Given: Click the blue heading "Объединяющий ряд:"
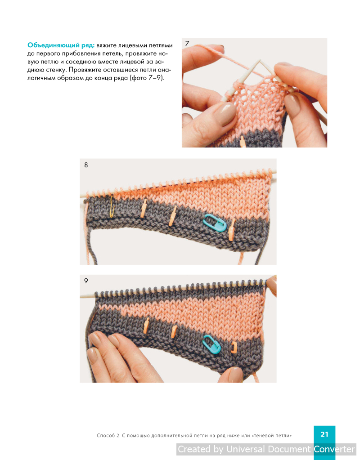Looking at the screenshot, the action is (61, 45).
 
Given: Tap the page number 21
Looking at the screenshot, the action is (324, 434).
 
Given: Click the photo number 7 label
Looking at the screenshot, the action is (187, 44).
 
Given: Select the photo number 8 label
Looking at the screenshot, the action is (86, 165).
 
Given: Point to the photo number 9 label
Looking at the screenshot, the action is (86, 281).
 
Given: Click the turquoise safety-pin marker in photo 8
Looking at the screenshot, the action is (215, 223).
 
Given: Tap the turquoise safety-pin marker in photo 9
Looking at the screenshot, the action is (212, 344).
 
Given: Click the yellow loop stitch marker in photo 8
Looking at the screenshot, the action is (112, 207).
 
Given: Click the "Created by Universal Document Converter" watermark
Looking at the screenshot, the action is (266, 449).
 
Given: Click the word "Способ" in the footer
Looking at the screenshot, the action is (106, 436).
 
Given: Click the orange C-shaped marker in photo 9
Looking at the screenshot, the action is (234, 347).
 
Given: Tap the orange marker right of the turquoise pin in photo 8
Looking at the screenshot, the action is (232, 230).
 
